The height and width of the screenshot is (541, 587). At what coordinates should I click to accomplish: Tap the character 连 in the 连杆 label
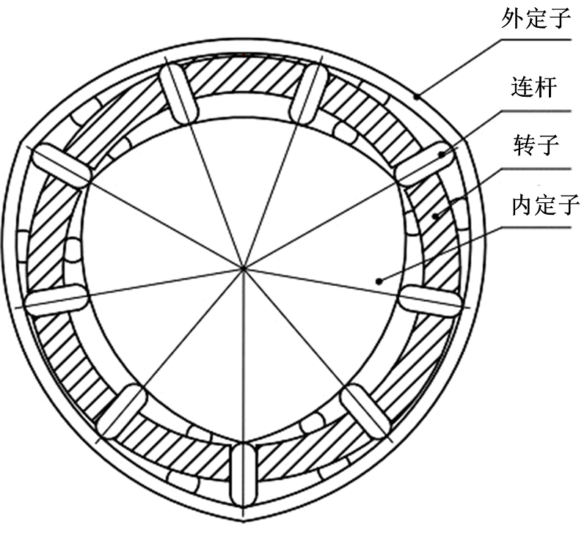tap(522, 87)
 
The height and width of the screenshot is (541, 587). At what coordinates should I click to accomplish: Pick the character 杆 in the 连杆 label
tap(545, 87)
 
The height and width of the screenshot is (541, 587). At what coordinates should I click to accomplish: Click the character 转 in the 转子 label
tap(525, 145)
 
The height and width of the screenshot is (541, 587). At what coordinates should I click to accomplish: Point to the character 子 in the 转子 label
tap(547, 145)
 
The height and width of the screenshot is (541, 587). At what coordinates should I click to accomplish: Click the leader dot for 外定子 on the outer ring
tap(417, 97)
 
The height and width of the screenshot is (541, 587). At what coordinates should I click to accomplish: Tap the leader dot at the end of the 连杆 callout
tap(442, 153)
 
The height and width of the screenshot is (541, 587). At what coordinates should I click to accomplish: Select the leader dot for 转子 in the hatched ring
tap(434, 216)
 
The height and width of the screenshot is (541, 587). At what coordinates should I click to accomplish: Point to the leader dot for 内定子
tap(379, 281)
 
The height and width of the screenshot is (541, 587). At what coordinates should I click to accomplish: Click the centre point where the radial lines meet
tap(243, 268)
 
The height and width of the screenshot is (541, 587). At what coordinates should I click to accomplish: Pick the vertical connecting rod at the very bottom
tap(244, 474)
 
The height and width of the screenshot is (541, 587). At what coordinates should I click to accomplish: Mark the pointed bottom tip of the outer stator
tap(244, 521)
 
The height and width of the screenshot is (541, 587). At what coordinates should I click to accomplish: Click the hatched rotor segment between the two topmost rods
tap(244, 76)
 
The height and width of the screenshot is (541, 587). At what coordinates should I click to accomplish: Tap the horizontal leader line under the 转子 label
tap(536, 169)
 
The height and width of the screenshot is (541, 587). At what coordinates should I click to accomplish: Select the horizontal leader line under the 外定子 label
tap(536, 40)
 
